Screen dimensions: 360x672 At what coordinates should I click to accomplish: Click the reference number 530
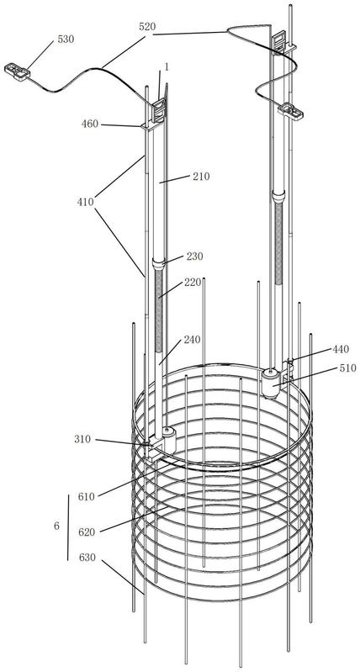point(66,39)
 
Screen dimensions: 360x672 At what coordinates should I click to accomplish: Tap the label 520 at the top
point(147,27)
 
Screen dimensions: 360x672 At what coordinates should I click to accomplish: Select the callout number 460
point(90,124)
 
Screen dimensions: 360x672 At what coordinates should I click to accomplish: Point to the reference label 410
point(86,202)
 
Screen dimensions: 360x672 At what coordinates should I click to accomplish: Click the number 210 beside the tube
point(201,176)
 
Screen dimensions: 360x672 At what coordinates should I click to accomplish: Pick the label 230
point(194,257)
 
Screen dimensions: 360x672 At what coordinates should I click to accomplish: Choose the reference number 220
point(193,283)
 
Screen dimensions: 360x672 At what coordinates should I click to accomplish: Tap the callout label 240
point(191,340)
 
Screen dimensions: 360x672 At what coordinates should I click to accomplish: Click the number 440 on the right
point(341,349)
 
